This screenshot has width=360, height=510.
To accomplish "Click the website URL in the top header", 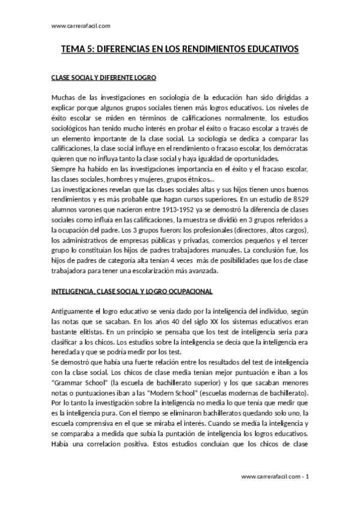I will point(81,26).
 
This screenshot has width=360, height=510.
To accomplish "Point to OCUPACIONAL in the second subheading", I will point(184,291).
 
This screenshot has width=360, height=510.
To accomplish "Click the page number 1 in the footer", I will point(307,477).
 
